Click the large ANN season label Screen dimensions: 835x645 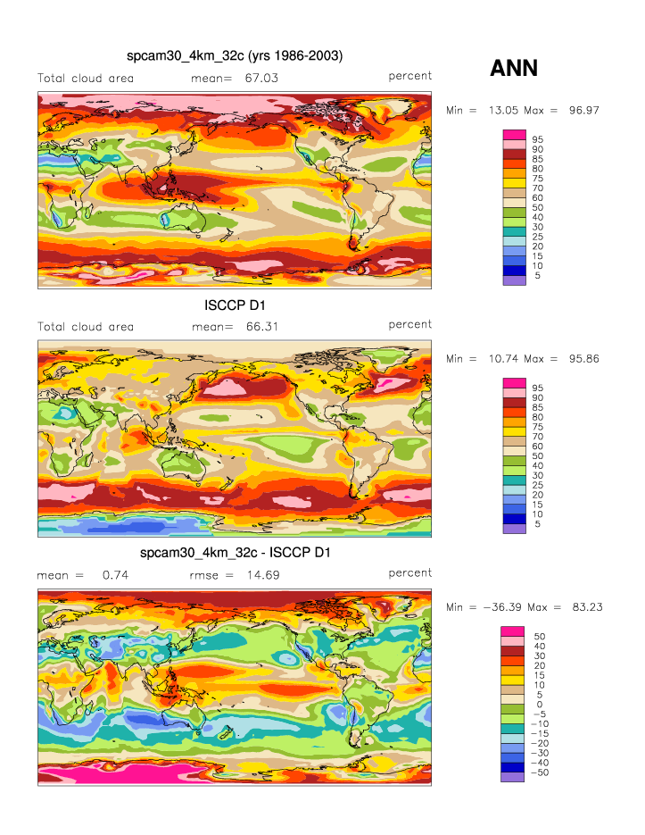coord(514,68)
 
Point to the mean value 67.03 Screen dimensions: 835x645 coord(261,78)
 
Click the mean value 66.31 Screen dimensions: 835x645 coord(261,326)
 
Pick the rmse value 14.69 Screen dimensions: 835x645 coord(262,575)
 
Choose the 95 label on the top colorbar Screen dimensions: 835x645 coord(538,139)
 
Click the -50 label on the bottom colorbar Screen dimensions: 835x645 coord(542,772)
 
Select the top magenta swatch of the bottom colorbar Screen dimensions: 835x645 coord(515,630)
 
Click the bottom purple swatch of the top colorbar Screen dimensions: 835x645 coord(515,280)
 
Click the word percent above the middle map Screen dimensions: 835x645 coord(410,324)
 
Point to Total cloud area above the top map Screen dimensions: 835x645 coord(86,78)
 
